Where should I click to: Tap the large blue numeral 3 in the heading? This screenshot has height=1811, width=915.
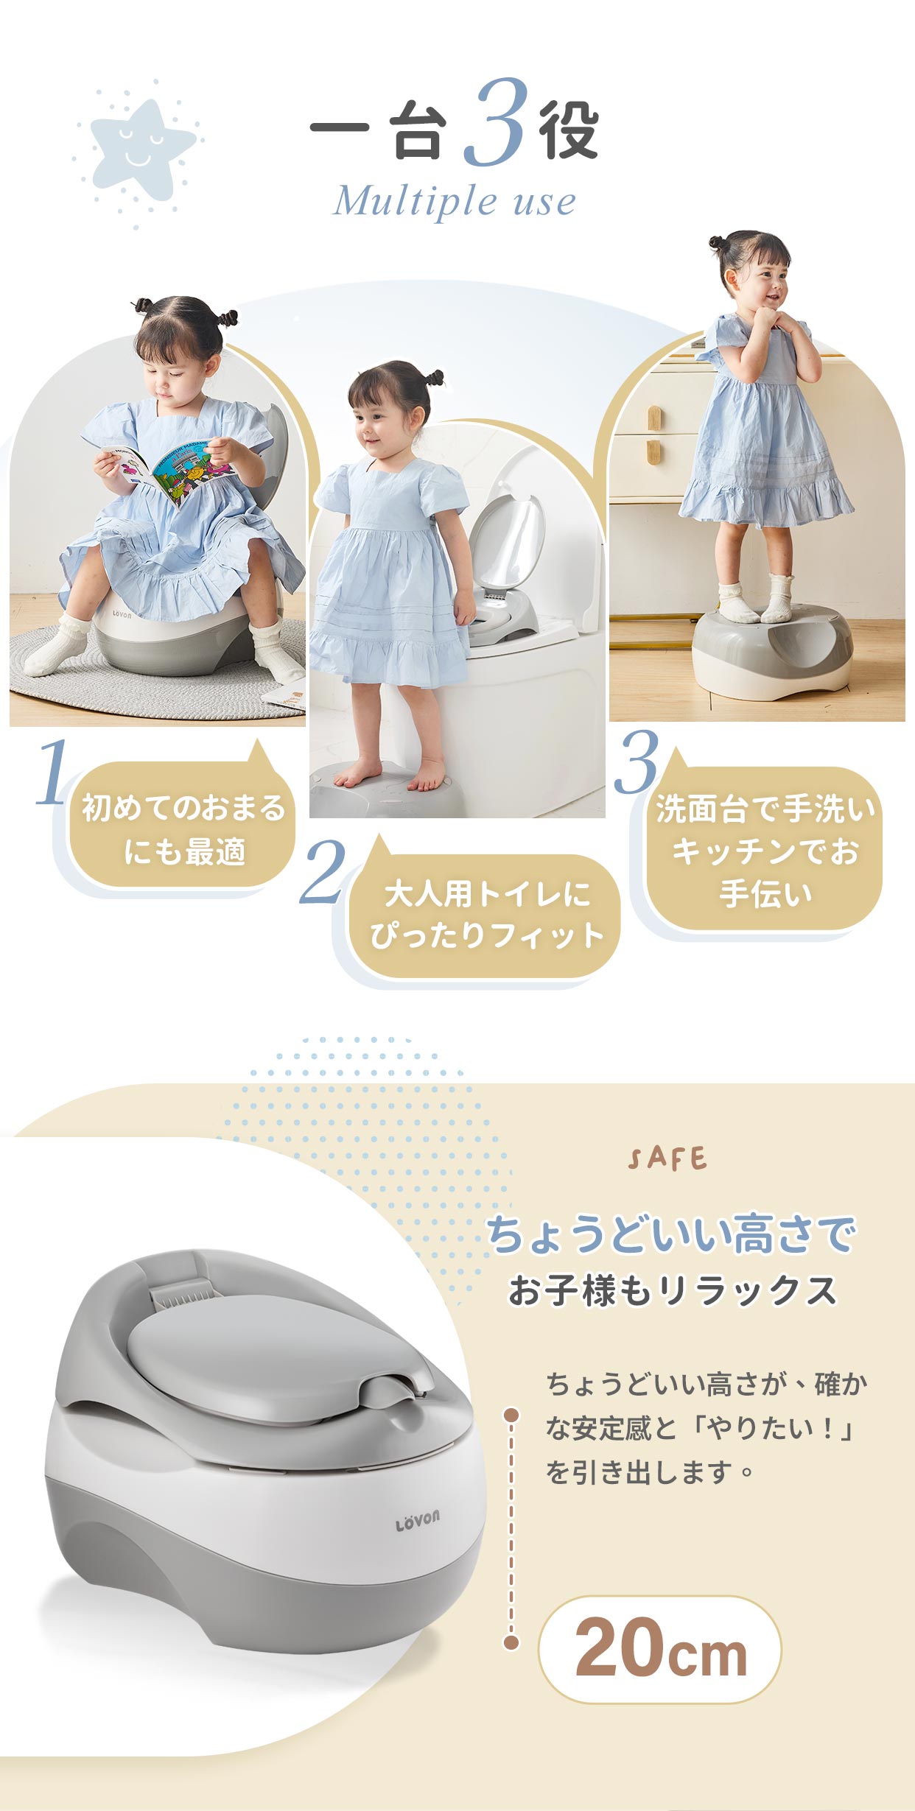(496, 122)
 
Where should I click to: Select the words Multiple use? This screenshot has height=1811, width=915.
(455, 201)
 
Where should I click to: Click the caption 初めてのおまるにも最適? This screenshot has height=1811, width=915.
(183, 829)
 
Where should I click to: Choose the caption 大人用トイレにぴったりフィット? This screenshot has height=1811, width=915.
(487, 915)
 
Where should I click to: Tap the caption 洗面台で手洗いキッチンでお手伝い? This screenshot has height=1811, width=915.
(765, 850)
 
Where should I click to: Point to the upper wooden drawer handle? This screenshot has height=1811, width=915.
(653, 418)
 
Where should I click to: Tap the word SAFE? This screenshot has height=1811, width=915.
(667, 1159)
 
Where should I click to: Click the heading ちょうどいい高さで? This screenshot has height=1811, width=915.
(670, 1235)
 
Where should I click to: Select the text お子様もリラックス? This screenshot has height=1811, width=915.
(673, 1291)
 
